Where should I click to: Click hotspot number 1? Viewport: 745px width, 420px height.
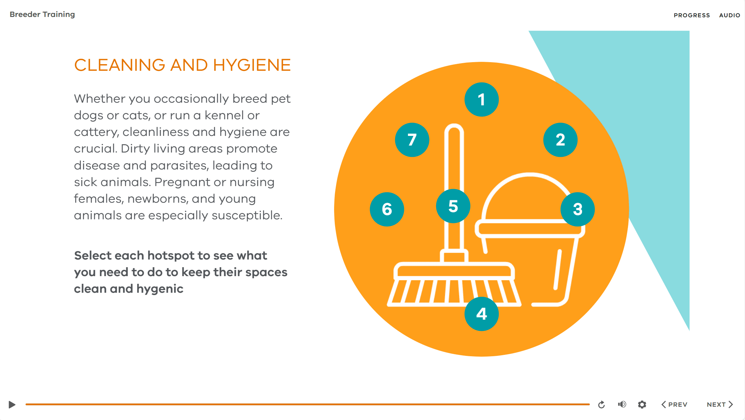pyautogui.click(x=481, y=99)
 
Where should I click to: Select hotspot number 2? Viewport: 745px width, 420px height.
pyautogui.click(x=560, y=140)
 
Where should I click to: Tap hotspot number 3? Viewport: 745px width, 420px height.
pyautogui.click(x=577, y=209)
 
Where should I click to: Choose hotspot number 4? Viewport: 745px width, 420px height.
pyautogui.click(x=481, y=314)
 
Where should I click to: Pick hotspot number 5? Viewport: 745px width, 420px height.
pyautogui.click(x=453, y=206)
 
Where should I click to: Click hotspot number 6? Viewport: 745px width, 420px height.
pyautogui.click(x=387, y=209)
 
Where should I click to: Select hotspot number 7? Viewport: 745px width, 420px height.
pyautogui.click(x=412, y=140)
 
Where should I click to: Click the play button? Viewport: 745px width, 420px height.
pyautogui.click(x=12, y=404)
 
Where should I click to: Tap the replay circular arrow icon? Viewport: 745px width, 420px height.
pyautogui.click(x=601, y=405)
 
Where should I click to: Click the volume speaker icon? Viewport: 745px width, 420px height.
pyautogui.click(x=622, y=404)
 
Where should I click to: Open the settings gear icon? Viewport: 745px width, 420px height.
pyautogui.click(x=642, y=404)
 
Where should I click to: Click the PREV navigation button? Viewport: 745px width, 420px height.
pyautogui.click(x=674, y=404)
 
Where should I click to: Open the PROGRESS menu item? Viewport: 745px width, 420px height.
pyautogui.click(x=692, y=15)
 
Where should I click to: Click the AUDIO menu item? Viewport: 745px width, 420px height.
pyautogui.click(x=730, y=15)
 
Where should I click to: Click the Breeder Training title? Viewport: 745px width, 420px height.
pyautogui.click(x=42, y=14)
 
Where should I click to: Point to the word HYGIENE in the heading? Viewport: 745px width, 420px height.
pyautogui.click(x=252, y=65)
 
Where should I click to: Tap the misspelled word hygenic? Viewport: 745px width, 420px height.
pyautogui.click(x=160, y=289)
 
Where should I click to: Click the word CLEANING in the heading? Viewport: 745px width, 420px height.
pyautogui.click(x=120, y=65)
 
